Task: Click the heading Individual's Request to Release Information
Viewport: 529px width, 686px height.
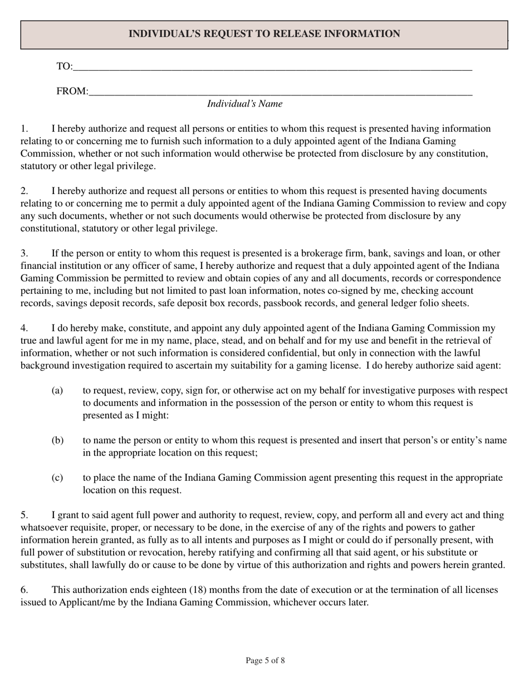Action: coord(264,34)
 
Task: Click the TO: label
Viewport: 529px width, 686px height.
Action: coord(64,67)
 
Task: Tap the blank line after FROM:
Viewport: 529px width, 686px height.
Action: coord(280,93)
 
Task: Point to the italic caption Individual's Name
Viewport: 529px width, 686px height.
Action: coord(244,104)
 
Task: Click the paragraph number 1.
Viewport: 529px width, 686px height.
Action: coord(24,129)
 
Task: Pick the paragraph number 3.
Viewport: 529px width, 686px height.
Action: coord(24,253)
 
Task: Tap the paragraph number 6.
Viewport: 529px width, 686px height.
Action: coord(24,590)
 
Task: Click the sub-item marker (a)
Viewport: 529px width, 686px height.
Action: coord(57,390)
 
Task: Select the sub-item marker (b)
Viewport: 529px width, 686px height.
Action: coord(57,441)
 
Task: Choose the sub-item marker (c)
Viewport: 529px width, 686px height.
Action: coord(57,478)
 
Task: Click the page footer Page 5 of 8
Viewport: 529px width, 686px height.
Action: coord(265,661)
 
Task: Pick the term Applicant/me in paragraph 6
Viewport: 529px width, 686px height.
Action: coord(87,602)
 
